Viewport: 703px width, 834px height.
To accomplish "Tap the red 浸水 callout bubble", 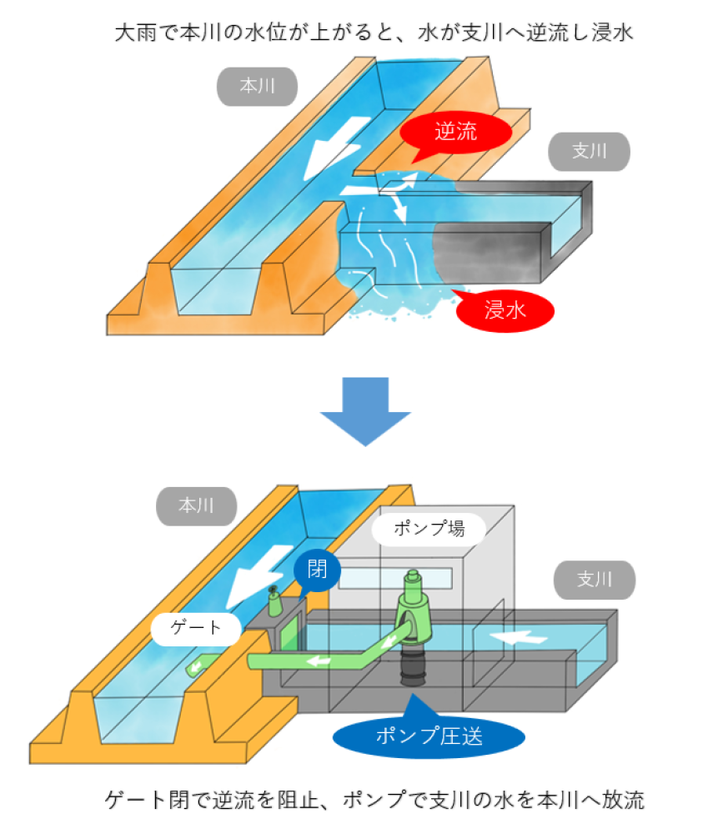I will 505,310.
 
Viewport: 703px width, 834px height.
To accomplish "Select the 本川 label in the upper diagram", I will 258,87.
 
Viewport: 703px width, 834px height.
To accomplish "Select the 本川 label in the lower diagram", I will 197,505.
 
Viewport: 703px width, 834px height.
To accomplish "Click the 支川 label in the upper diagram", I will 589,151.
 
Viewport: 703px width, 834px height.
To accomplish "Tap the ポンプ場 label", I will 429,528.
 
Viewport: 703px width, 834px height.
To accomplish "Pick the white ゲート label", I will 196,627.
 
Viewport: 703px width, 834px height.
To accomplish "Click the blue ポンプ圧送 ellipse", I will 429,736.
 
